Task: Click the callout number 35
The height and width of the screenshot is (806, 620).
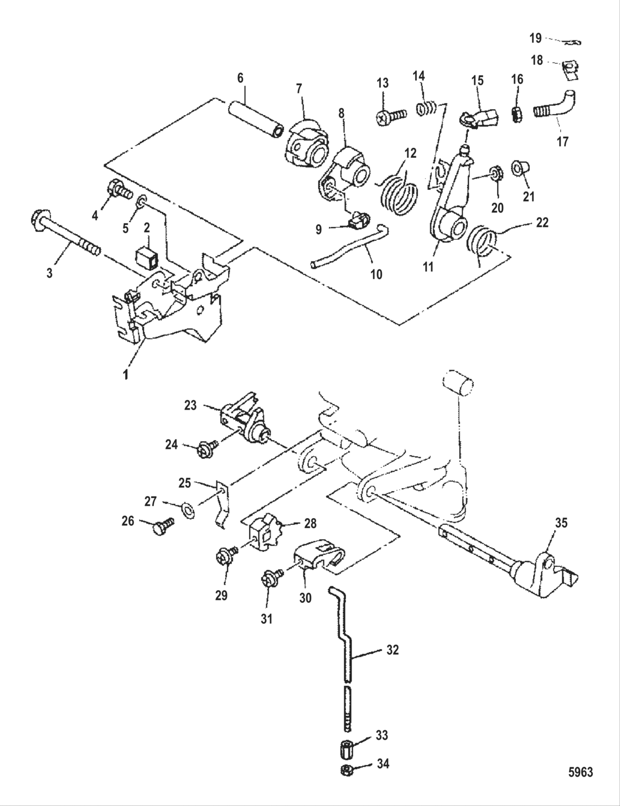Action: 561,523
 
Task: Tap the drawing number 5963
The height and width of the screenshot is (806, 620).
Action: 580,772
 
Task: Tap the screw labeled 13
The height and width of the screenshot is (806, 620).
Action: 391,117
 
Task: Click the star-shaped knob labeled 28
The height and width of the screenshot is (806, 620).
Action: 265,535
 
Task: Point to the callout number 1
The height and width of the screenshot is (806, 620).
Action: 126,374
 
